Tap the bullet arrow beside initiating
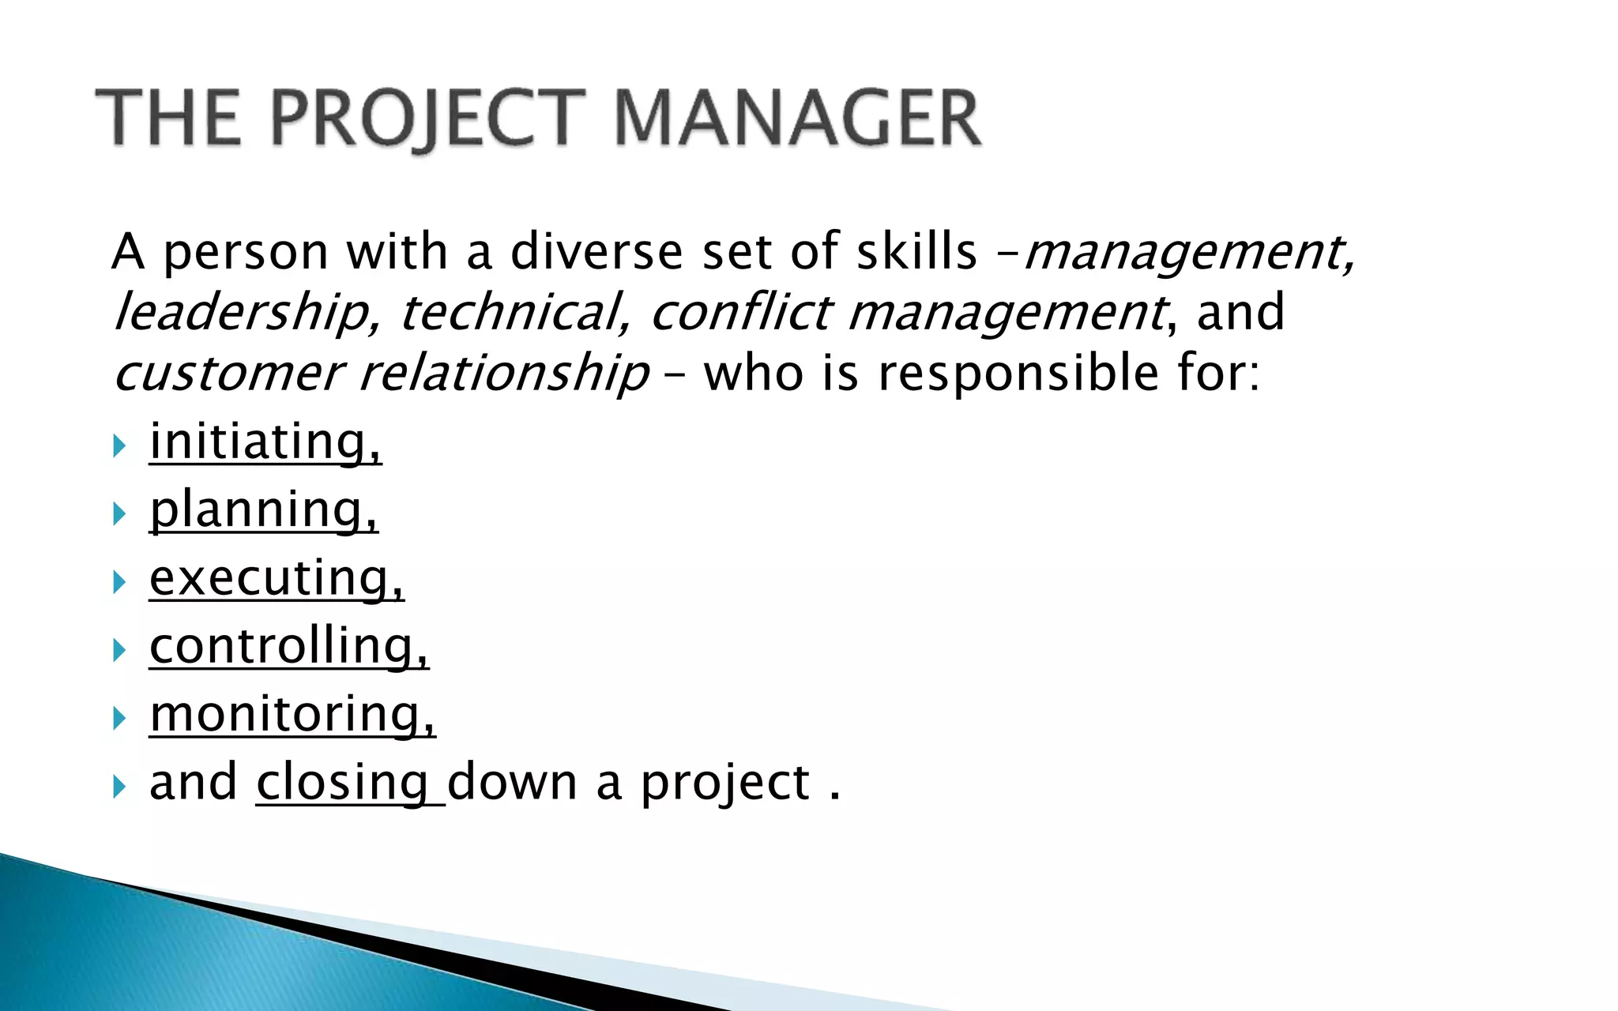(119, 447)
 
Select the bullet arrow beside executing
(119, 584)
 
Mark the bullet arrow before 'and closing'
(119, 787)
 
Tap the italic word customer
(228, 373)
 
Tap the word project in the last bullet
(725, 784)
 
